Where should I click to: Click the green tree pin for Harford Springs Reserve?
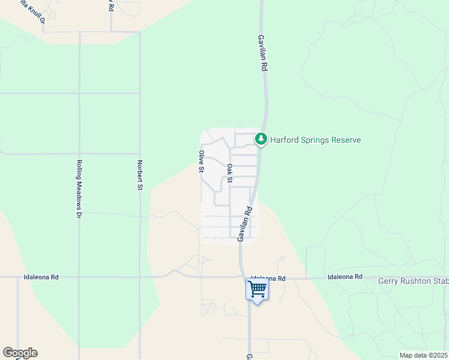pyautogui.click(x=261, y=139)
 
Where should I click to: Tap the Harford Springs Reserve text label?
pyautogui.click(x=315, y=140)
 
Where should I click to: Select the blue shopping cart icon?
pyautogui.click(x=257, y=289)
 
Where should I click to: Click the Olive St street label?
pyautogui.click(x=202, y=161)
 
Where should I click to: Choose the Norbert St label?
pyautogui.click(x=139, y=175)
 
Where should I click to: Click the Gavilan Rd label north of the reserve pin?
pyautogui.click(x=262, y=53)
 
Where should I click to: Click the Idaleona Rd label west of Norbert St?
pyautogui.click(x=41, y=277)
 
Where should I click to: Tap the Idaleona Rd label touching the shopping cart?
pyautogui.click(x=268, y=278)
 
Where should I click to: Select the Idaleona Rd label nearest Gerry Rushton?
pyautogui.click(x=345, y=277)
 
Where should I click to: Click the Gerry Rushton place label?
pyautogui.click(x=413, y=280)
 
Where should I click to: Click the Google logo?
pyautogui.click(x=20, y=353)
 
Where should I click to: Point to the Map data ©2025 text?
pyautogui.click(x=423, y=355)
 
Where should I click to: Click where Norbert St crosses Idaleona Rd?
pyautogui.click(x=140, y=277)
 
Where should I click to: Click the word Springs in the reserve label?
pyautogui.click(x=315, y=140)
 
